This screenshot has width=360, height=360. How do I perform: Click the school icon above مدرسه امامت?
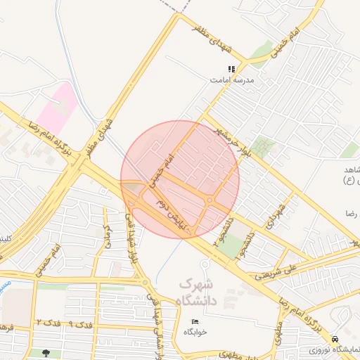point(231,69)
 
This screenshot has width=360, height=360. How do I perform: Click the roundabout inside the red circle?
point(210,200)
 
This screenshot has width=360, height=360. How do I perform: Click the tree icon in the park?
point(46,353)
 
